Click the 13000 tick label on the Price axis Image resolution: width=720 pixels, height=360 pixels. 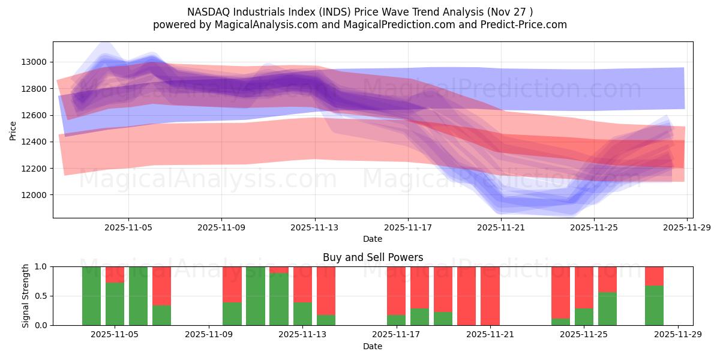tap(34, 62)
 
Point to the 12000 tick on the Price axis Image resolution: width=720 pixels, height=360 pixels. tap(34, 195)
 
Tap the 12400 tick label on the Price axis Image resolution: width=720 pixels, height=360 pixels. tap(34, 142)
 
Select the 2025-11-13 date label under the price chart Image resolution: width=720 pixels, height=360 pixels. tap(315, 227)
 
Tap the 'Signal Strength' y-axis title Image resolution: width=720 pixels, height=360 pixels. tap(26, 296)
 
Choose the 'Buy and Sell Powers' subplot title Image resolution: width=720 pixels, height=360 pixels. tap(373, 257)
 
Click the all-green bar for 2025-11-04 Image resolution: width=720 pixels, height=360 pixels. tap(91, 296)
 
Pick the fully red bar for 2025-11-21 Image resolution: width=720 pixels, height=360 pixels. tap(490, 296)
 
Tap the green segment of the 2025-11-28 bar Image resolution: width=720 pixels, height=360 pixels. tap(654, 305)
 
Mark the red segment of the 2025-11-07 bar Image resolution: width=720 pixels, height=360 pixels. tap(161, 286)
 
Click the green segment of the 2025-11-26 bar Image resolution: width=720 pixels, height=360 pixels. tap(607, 308)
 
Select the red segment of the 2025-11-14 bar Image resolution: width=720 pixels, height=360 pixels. tap(326, 290)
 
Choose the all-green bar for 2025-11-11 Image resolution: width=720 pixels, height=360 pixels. tap(256, 296)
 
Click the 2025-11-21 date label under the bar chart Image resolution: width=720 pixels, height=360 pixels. tap(490, 335)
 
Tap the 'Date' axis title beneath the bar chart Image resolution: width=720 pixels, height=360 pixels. tap(373, 346)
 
